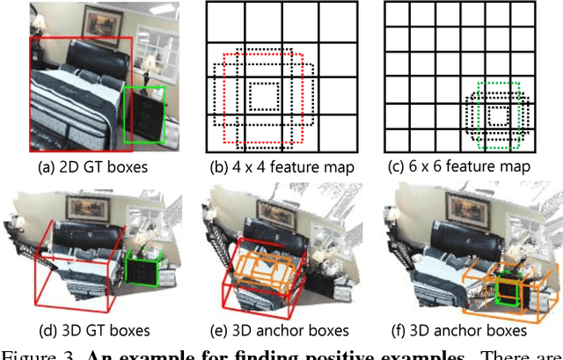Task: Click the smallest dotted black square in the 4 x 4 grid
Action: click(262, 94)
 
